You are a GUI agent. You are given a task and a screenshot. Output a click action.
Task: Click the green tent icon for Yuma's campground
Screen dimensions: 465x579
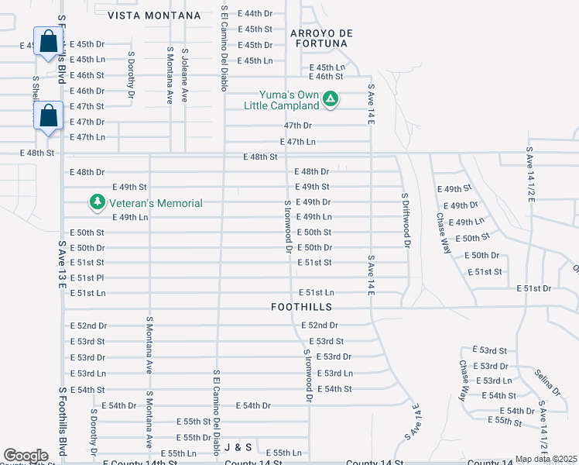[331, 98]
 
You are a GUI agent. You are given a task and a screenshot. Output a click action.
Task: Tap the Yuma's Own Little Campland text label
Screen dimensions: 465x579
[282, 99]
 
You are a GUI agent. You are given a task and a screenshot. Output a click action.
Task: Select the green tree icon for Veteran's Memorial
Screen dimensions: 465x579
[97, 203]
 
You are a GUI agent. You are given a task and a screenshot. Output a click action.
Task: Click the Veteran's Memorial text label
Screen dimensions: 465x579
[155, 203]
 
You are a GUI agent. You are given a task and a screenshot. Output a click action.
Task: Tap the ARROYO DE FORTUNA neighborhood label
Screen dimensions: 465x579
[321, 38]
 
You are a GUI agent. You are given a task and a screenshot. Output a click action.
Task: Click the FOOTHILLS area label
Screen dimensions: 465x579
[302, 307]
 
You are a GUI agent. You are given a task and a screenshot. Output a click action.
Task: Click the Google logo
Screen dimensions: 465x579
[26, 456]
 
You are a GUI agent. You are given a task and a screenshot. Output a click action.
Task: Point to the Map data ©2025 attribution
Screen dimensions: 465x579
[546, 459]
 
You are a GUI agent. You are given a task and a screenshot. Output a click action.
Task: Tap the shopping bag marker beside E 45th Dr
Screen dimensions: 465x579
[48, 43]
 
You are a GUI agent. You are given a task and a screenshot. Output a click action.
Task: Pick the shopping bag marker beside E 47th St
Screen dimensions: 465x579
[48, 117]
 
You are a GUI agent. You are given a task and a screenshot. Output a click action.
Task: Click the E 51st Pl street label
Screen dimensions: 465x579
[87, 277]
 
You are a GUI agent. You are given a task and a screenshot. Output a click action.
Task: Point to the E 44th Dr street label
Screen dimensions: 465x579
[255, 14]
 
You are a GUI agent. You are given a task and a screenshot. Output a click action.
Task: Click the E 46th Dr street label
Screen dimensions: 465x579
[87, 91]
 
